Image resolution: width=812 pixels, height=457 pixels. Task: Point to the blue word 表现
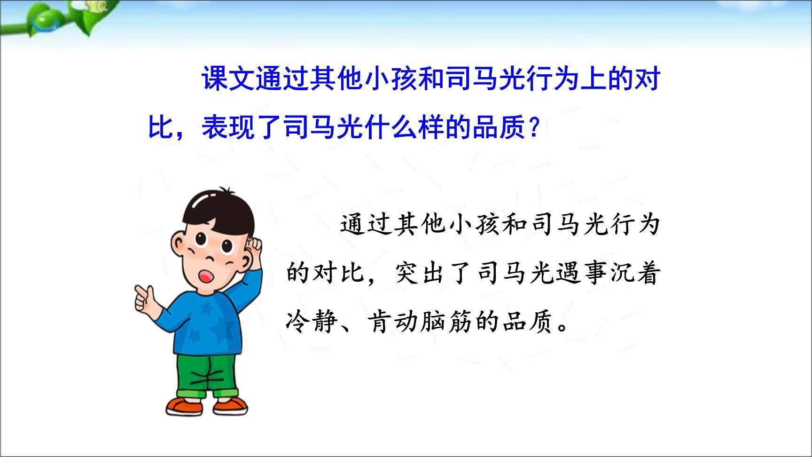point(228,127)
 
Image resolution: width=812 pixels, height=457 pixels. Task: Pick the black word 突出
point(422,273)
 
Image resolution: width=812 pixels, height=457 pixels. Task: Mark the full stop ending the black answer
point(562,327)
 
